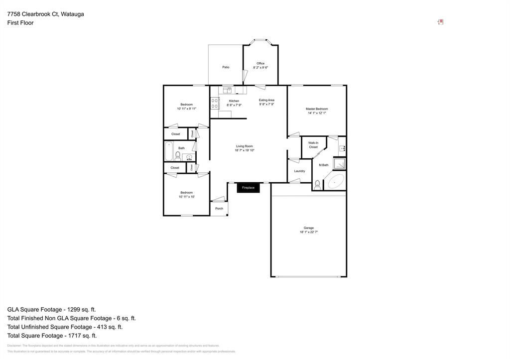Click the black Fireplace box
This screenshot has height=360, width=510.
tap(248, 188)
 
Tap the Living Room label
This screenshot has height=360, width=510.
tap(245, 146)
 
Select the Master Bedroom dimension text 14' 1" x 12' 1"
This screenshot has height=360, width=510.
tap(317, 113)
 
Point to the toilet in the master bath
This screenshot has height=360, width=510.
tap(317, 185)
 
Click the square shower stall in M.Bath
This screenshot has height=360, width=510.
tap(339, 163)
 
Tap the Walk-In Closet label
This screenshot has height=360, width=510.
tap(313, 145)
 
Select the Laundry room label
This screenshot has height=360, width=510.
tap(299, 171)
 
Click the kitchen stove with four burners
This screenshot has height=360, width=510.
tap(215, 103)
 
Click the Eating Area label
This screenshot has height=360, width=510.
tap(266, 100)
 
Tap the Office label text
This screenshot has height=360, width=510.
tap(260, 63)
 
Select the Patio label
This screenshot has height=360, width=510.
tap(226, 67)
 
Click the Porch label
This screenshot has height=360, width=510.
tap(219, 209)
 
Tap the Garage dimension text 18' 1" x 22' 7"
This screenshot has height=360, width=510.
tap(309, 232)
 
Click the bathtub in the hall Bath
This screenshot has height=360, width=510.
tap(169, 151)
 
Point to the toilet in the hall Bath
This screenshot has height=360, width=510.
tap(178, 155)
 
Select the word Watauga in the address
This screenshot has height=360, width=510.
tap(72, 14)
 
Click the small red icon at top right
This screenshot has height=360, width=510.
tap(440, 22)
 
